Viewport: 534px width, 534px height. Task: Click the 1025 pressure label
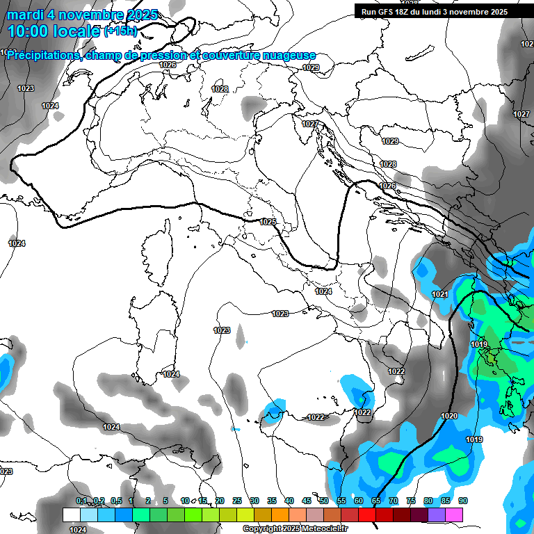268,222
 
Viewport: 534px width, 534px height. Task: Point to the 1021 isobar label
439,295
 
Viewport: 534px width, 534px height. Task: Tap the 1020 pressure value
449,416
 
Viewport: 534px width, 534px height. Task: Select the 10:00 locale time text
54,31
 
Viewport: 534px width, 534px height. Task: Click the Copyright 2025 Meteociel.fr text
295,528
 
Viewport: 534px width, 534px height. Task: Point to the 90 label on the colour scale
462,501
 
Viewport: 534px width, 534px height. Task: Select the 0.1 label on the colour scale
81,501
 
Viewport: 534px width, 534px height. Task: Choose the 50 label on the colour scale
324,501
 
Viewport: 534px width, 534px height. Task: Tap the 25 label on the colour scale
237,501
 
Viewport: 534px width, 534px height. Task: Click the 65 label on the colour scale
376,501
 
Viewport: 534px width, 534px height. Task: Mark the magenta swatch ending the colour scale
454,515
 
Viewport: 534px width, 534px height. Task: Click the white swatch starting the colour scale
71,515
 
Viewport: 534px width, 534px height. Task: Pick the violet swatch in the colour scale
437,515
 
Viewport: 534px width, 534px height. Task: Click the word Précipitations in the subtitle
42,55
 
